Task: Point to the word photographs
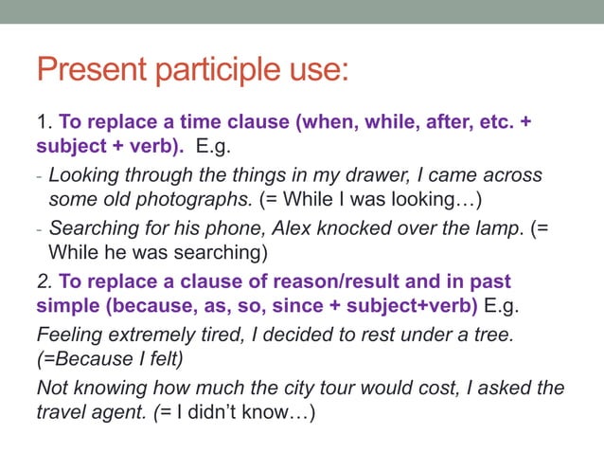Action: coord(196,200)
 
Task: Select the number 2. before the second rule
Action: coord(44,281)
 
